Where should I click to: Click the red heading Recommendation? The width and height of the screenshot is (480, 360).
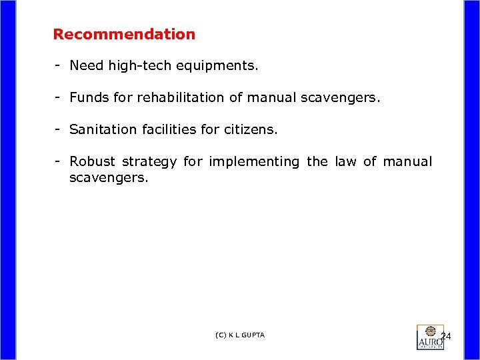[124, 34]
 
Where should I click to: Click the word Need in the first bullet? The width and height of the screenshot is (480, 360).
[83, 65]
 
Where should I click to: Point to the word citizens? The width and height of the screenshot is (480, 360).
[250, 129]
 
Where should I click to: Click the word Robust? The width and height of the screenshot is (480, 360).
[92, 161]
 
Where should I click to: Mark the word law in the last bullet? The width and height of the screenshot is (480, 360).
[346, 161]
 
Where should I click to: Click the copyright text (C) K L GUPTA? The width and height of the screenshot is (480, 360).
[240, 335]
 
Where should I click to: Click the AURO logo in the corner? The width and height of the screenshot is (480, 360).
[430, 337]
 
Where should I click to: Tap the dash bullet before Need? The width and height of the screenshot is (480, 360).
[59, 65]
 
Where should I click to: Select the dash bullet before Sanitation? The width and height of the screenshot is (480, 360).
[59, 129]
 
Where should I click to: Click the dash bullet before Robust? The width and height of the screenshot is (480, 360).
[59, 161]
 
